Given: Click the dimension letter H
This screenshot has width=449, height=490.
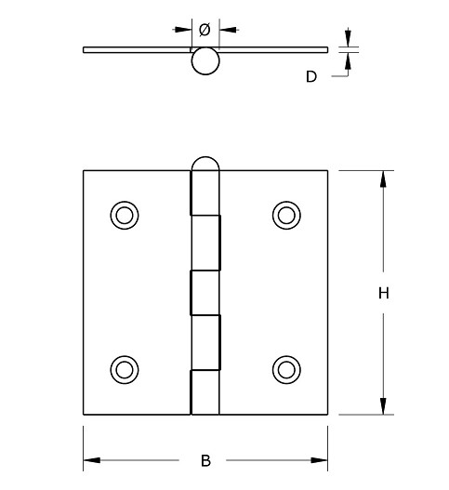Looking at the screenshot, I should coord(382,294).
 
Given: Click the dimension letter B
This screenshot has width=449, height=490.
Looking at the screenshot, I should coord(205,459).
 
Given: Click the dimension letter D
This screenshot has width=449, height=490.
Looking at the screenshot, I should coord(311,77).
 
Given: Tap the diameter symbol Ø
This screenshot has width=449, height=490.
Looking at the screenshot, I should coord(205,28).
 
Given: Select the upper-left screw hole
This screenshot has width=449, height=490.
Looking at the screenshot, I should coord(124,215).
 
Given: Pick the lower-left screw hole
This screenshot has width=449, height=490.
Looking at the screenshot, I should coord(124,367).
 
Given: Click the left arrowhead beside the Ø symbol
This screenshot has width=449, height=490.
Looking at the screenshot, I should coord(185,28).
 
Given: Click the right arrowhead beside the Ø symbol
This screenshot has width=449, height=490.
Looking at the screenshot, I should coord(226,28).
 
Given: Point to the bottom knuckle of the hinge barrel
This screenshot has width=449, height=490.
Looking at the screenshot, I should coord(205,392).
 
